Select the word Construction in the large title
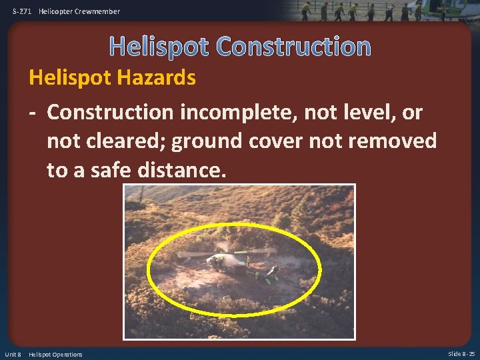[x=293, y=47]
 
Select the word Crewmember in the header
[x=99, y=11]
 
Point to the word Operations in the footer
[x=66, y=354]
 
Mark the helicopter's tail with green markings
[x=263, y=273]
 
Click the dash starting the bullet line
[x=33, y=113]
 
